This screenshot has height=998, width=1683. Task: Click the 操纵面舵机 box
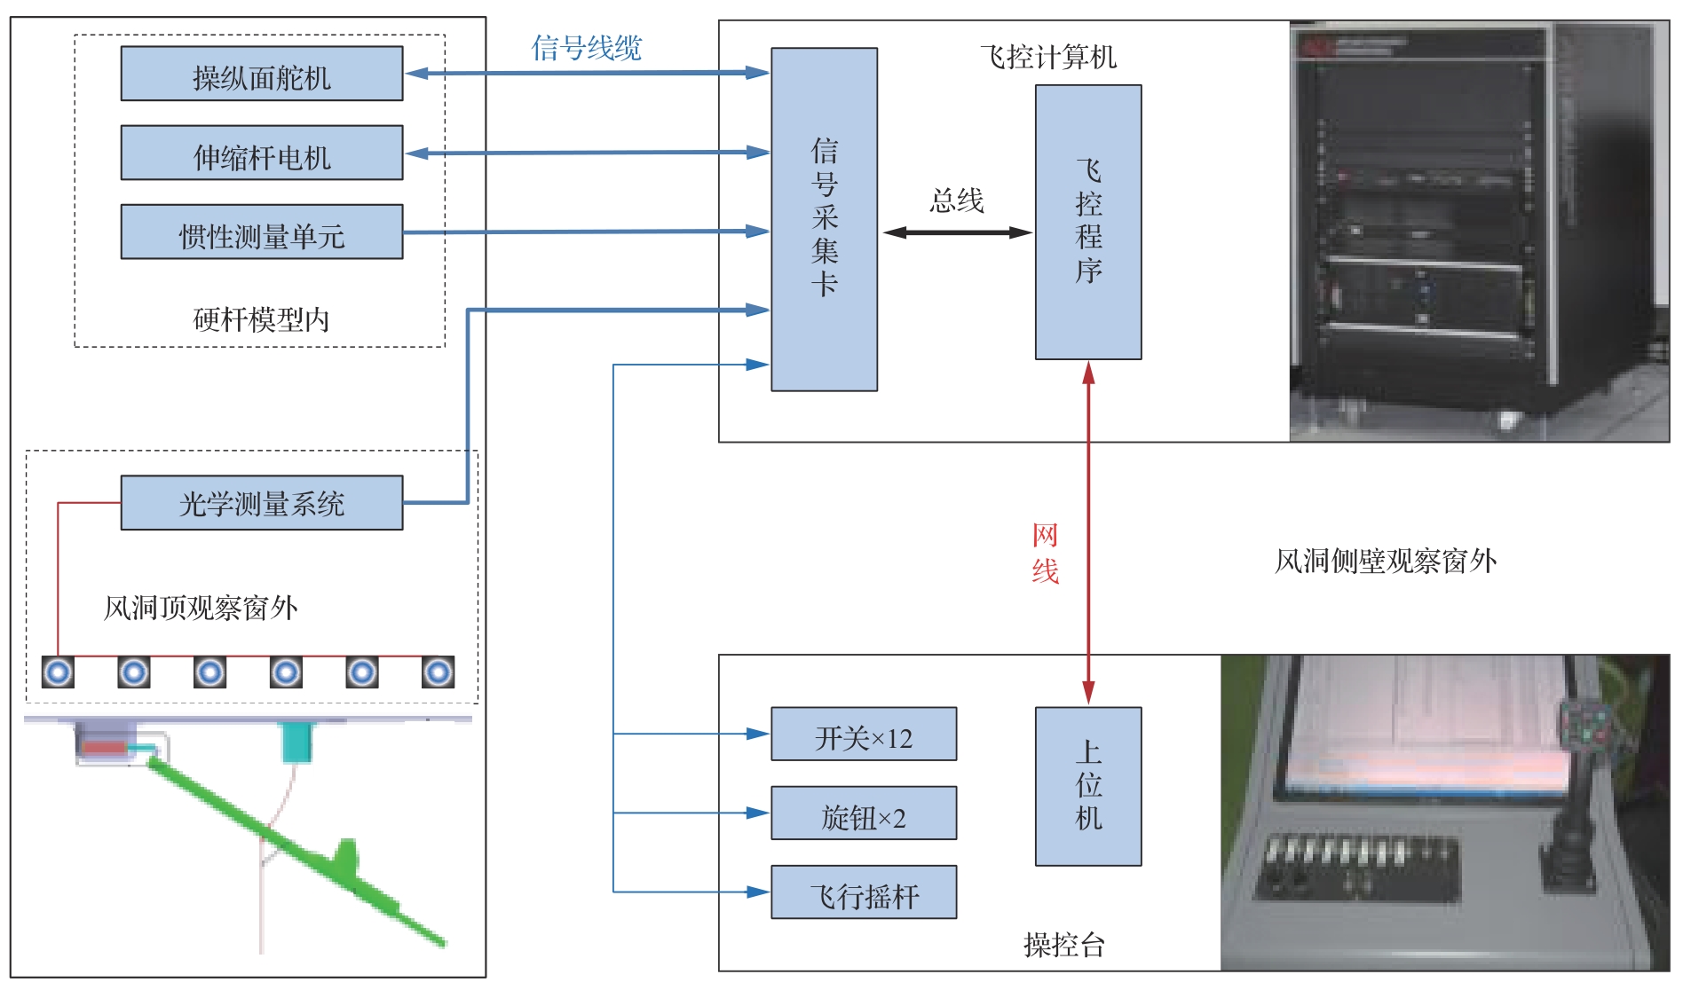point(262,74)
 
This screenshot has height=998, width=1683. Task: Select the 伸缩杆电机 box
point(262,153)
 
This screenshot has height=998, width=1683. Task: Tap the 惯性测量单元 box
point(262,232)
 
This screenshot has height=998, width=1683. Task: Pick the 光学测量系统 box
point(262,503)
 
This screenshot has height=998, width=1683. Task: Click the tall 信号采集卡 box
point(824,219)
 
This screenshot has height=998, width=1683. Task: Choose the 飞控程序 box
point(1088,222)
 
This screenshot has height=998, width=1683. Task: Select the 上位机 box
point(1088,786)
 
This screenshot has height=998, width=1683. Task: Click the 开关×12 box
point(864,734)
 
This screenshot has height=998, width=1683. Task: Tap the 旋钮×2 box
point(864,813)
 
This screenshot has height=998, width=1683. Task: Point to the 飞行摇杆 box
point(864,892)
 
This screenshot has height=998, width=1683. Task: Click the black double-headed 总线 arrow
point(957,232)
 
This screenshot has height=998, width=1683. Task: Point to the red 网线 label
point(1045,553)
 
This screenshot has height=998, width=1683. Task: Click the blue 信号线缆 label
point(586,47)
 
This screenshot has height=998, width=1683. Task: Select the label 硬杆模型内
point(261,319)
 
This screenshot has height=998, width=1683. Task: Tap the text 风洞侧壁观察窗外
point(1386,561)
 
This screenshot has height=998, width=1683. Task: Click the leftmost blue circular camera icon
point(59,672)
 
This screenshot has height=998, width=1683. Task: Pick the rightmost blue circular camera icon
point(439,672)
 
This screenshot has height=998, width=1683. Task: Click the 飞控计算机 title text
point(1048,57)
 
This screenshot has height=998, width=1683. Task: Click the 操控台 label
point(1063,945)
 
